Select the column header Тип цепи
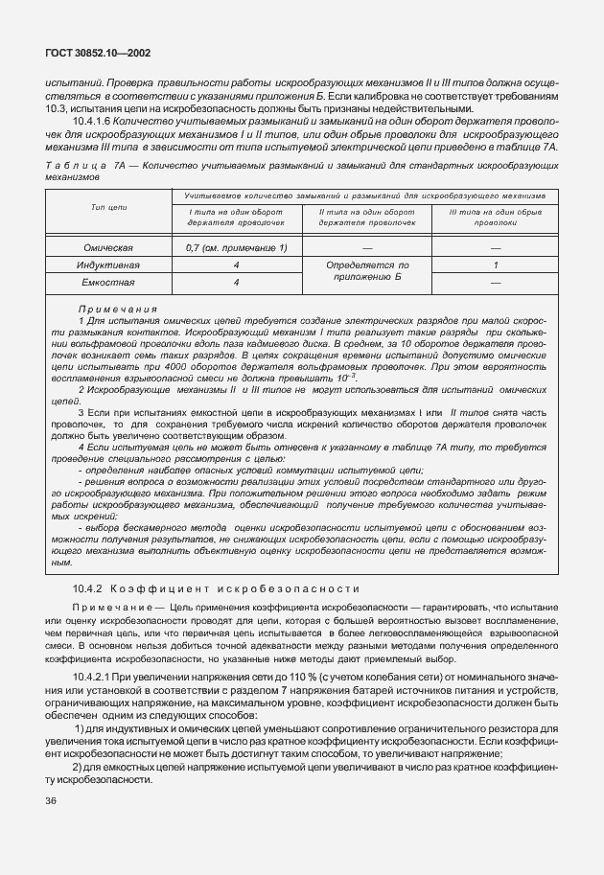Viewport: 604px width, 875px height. pyautogui.click(x=109, y=207)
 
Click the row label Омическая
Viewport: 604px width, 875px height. pyautogui.click(x=109, y=248)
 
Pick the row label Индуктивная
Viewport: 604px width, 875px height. pyautogui.click(x=109, y=265)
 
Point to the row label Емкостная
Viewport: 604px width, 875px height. pyautogui.click(x=109, y=283)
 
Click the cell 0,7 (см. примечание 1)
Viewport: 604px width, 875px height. pyautogui.click(x=236, y=248)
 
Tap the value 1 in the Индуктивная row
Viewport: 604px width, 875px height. pyautogui.click(x=495, y=265)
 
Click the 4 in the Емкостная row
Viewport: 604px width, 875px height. pyautogui.click(x=236, y=283)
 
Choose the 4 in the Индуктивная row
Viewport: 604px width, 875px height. pyautogui.click(x=236, y=265)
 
